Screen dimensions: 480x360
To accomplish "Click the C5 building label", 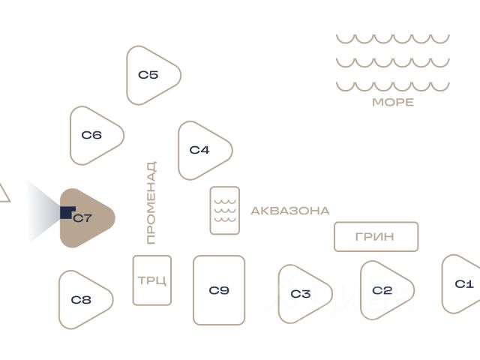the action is click(148, 75).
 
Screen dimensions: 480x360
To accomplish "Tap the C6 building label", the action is click(91, 135).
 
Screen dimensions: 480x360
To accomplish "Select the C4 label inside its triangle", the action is click(199, 150).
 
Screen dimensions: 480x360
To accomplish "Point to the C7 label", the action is click(82, 218).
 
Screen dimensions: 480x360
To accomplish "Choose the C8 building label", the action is click(81, 300).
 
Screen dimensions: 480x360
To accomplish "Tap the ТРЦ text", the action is click(151, 280).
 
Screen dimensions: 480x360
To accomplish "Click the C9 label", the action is click(219, 290).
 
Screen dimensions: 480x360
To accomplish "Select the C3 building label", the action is click(301, 294).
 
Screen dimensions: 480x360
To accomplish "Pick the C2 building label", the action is click(382, 290).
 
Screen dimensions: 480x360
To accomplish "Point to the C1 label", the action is click(464, 284).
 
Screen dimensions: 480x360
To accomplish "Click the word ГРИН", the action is click(375, 237).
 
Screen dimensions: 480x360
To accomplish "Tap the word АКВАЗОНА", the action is click(290, 211).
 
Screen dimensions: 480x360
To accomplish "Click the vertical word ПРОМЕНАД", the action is click(151, 202).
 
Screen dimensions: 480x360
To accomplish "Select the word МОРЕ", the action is click(393, 102).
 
